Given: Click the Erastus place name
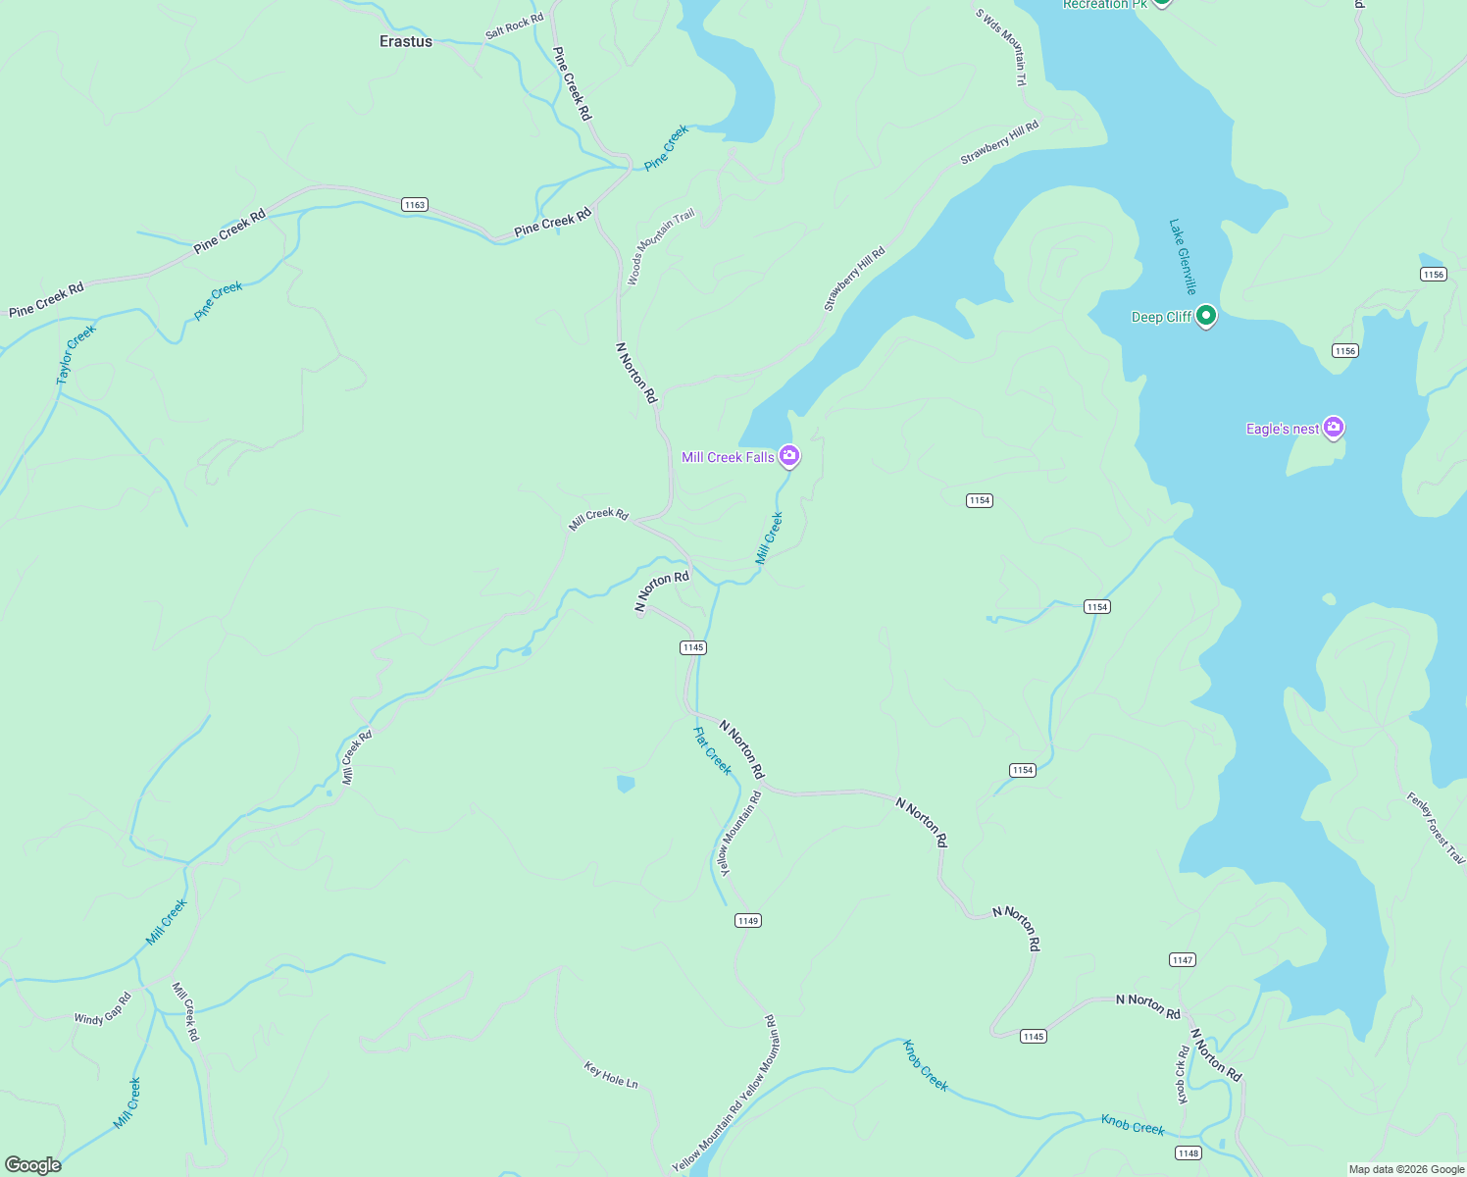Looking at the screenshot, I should tap(406, 41).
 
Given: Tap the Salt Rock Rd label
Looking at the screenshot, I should tap(514, 27).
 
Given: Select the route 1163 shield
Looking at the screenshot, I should tap(415, 205).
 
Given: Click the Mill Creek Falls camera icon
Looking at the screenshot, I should tap(789, 456).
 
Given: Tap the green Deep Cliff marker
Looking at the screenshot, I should tap(1207, 316).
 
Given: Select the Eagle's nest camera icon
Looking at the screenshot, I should tap(1333, 428).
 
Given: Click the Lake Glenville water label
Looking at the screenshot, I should tap(1183, 257).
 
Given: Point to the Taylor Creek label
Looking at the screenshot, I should tap(76, 354).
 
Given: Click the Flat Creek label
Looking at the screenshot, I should tap(713, 750).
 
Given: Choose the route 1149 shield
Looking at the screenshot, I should tap(748, 920).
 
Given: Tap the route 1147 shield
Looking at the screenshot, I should tap(1183, 960).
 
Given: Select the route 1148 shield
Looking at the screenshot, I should tap(1189, 1153).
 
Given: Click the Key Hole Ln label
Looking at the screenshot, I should tap(611, 1075).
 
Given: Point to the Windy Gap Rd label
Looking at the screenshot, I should tap(103, 1009).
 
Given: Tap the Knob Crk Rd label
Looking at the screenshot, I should tap(1184, 1074).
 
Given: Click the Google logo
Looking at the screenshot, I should tap(32, 1165).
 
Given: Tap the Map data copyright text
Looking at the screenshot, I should tap(1406, 1169).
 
